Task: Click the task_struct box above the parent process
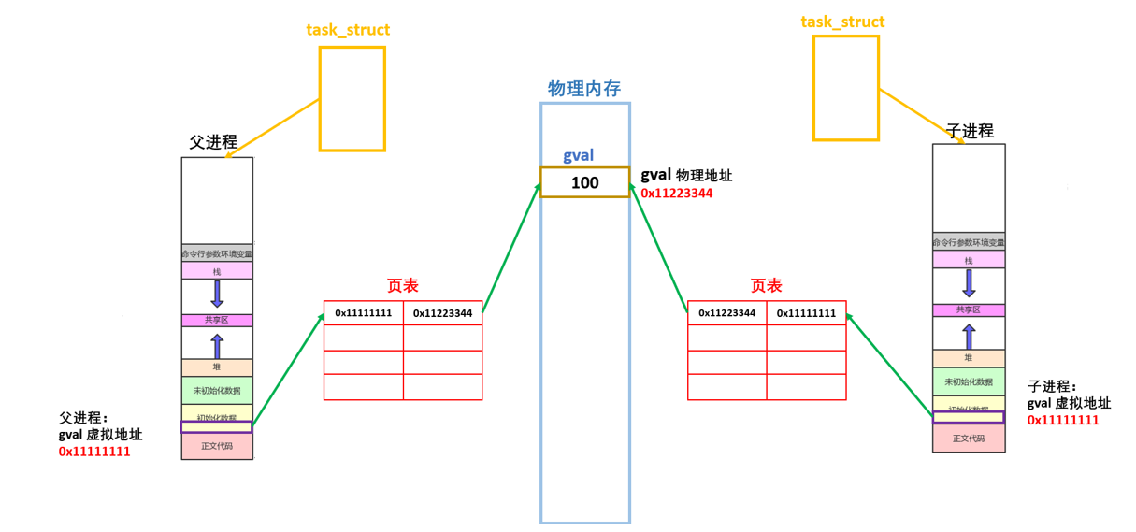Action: click(x=352, y=98)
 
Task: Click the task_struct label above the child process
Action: click(x=842, y=22)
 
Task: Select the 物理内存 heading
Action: click(x=584, y=89)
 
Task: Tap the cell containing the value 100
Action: click(x=584, y=182)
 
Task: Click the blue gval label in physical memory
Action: click(x=578, y=155)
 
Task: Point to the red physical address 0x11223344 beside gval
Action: click(x=677, y=194)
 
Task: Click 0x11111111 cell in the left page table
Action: click(x=364, y=313)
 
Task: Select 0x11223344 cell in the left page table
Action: click(x=443, y=313)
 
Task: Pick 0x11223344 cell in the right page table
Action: click(x=726, y=313)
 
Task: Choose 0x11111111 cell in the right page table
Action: click(x=806, y=313)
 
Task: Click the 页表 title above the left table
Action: click(x=402, y=286)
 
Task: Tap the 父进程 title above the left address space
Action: click(x=213, y=142)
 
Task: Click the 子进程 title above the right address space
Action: click(x=970, y=131)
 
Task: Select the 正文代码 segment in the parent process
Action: click(x=217, y=446)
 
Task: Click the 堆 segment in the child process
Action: click(x=969, y=358)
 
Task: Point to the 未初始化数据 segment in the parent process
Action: click(x=217, y=390)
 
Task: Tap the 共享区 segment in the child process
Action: click(x=969, y=310)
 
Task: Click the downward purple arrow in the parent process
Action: click(x=217, y=294)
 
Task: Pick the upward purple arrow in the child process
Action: click(x=969, y=335)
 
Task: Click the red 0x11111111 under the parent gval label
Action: click(x=94, y=452)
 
